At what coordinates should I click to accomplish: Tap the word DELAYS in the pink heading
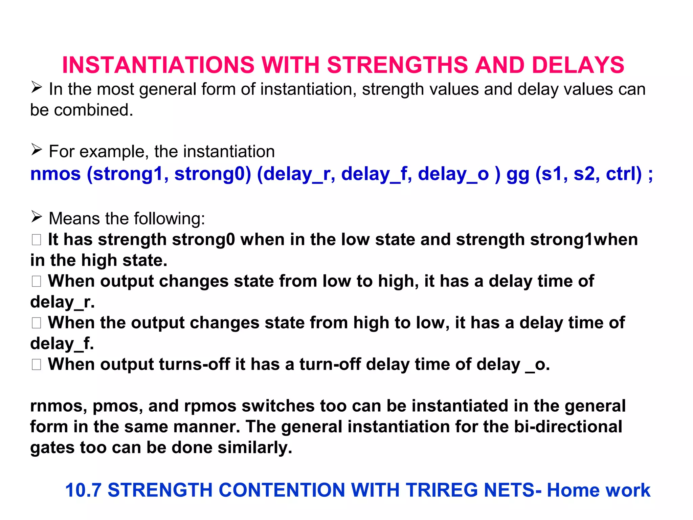click(x=578, y=65)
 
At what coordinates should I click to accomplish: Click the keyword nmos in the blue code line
click(x=55, y=174)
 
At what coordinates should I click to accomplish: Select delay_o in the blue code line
click(x=453, y=174)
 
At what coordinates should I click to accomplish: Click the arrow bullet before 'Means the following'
click(x=37, y=216)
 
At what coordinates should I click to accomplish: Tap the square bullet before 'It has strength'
click(x=37, y=240)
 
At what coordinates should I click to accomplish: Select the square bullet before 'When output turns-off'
click(x=37, y=365)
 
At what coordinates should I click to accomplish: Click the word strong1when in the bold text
click(x=584, y=240)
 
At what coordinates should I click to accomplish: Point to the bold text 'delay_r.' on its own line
click(x=62, y=302)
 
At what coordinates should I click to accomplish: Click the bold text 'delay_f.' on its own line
click(x=62, y=344)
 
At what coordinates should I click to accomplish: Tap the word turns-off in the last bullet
click(x=194, y=365)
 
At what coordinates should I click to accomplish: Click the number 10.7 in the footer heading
click(x=83, y=490)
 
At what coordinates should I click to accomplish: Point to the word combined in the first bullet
click(x=93, y=110)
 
